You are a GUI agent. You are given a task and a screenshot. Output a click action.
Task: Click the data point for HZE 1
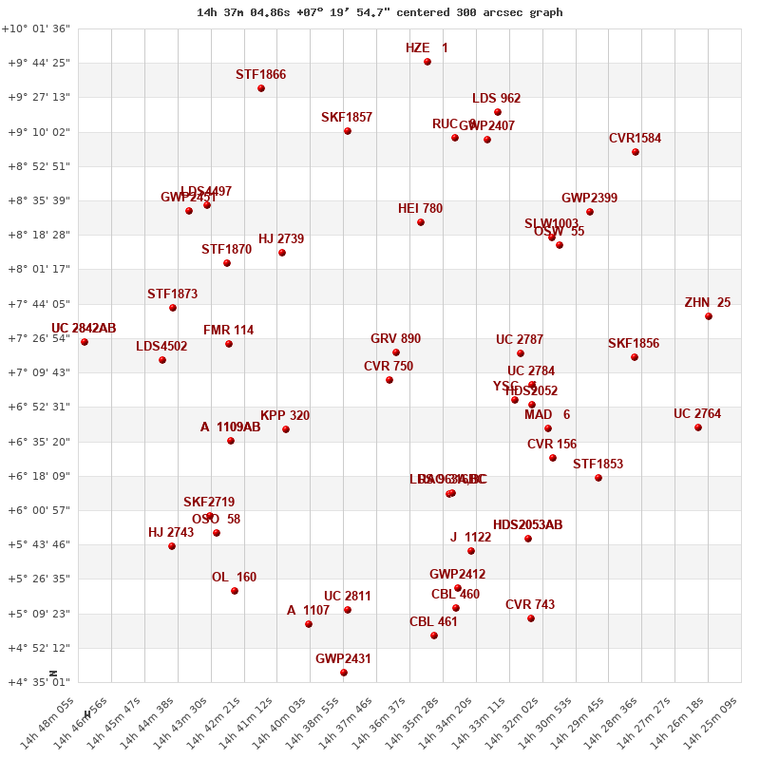[x=427, y=62]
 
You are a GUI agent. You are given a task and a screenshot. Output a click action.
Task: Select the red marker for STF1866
[x=261, y=88]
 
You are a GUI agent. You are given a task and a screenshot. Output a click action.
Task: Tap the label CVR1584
[x=635, y=138]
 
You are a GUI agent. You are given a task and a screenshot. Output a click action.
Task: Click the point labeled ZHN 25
[x=709, y=316]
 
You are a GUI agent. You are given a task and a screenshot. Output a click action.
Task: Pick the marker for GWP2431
[x=344, y=673]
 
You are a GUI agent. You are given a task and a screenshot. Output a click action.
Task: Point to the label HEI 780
[x=420, y=208]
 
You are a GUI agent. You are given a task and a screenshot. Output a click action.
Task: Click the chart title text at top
[x=380, y=12]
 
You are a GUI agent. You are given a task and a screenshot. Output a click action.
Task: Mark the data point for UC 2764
[x=698, y=427]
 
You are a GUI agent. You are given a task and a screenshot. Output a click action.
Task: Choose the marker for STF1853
[x=598, y=478]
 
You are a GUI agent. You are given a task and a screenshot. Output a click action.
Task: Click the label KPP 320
[x=285, y=415]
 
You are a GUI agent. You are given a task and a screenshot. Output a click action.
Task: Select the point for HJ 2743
[x=172, y=546]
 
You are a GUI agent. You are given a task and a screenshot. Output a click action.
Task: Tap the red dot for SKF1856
[x=635, y=357]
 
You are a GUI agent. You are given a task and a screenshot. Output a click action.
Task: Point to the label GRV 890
[x=395, y=338]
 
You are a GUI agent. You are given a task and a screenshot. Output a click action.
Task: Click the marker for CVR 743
[x=531, y=618]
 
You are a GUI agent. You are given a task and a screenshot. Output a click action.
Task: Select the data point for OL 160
[x=235, y=591]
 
